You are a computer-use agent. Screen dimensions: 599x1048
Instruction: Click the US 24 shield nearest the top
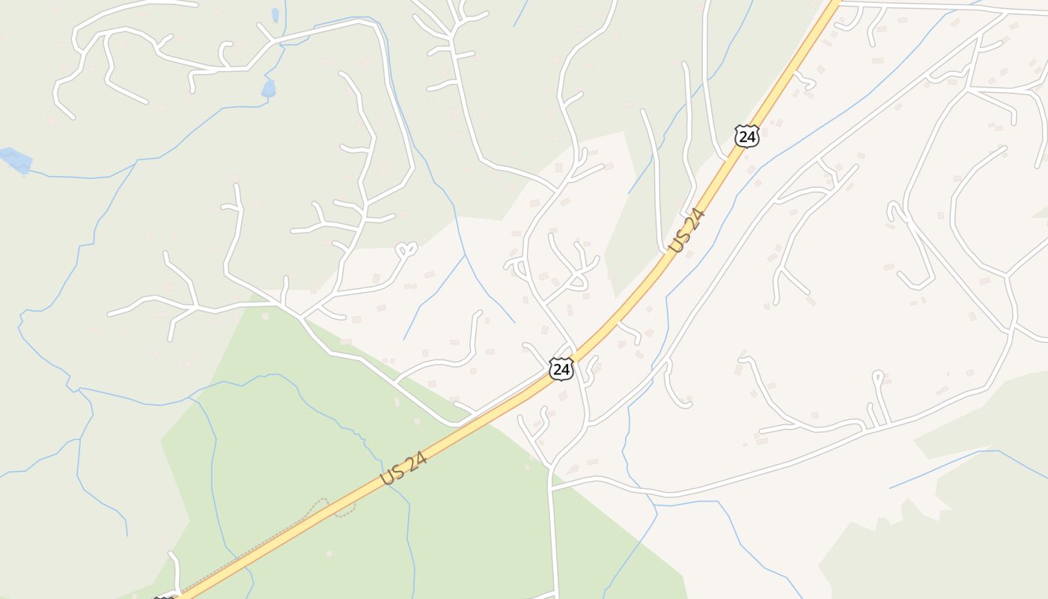(x=747, y=136)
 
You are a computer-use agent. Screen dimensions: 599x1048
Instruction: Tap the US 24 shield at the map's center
(x=561, y=368)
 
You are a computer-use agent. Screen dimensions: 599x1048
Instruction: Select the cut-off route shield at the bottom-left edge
(x=164, y=596)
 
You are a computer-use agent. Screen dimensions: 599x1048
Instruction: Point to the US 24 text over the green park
(x=403, y=467)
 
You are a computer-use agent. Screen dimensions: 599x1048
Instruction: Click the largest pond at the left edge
(x=16, y=159)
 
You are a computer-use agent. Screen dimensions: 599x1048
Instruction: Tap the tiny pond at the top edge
(x=275, y=14)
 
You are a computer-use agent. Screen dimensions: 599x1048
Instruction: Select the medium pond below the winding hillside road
(x=268, y=88)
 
